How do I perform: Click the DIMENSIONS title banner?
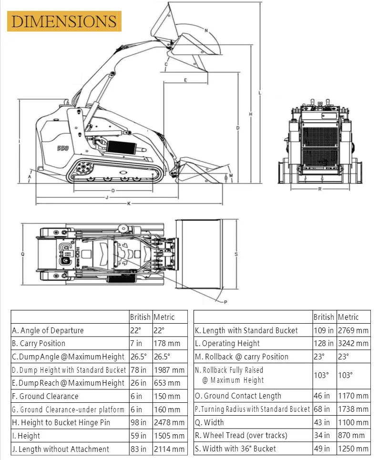(x=64, y=21)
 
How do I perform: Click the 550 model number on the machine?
(x=62, y=148)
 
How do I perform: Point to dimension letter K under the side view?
(x=129, y=204)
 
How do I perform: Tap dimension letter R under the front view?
(x=320, y=189)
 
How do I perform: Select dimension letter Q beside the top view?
(x=22, y=254)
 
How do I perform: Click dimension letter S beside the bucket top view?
(x=236, y=254)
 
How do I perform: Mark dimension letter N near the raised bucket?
(x=206, y=31)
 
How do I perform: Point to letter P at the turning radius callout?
(x=225, y=302)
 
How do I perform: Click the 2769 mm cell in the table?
(x=353, y=330)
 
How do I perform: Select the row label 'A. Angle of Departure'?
(x=48, y=330)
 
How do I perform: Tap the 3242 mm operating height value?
(x=353, y=343)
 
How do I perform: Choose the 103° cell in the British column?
(x=321, y=375)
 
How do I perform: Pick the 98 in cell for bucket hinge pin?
(x=138, y=422)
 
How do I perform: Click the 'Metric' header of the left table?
(x=164, y=317)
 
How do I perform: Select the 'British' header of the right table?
(x=324, y=317)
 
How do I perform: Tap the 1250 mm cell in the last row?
(x=353, y=449)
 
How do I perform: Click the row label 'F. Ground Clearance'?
(x=45, y=396)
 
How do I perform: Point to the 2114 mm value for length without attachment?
(x=169, y=449)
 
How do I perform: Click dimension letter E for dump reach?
(x=185, y=80)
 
